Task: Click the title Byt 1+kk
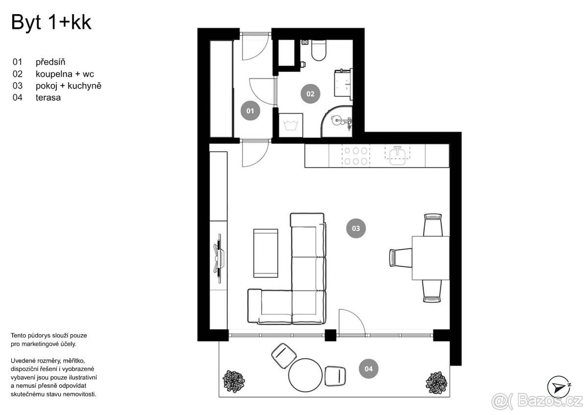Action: click(51, 23)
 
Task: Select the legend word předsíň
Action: click(50, 62)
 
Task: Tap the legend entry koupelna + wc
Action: click(65, 74)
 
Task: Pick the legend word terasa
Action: click(48, 98)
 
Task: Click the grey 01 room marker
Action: click(250, 111)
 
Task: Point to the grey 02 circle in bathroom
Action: click(310, 93)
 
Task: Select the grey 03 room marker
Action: click(356, 228)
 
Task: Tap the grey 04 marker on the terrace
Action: click(368, 369)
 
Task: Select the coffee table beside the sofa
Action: click(265, 253)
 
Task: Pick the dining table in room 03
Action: click(430, 257)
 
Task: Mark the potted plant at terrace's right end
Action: click(435, 381)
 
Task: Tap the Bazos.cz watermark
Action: click(537, 401)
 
